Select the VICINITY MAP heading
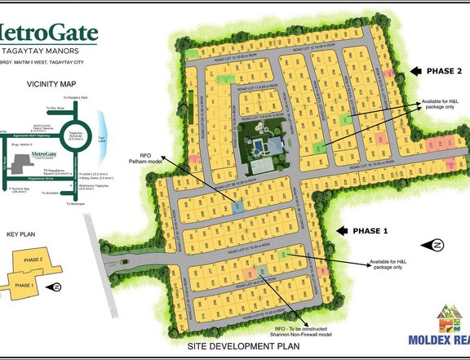[51, 83]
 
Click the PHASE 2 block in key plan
[33, 260]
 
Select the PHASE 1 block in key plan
[21, 285]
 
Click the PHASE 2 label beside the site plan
[445, 71]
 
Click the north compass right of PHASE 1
[437, 245]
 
